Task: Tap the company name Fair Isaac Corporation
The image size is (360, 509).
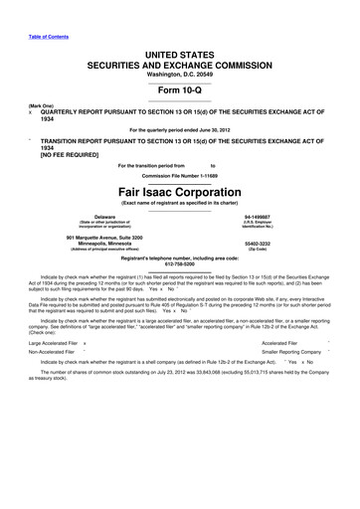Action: pos(179,192)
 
